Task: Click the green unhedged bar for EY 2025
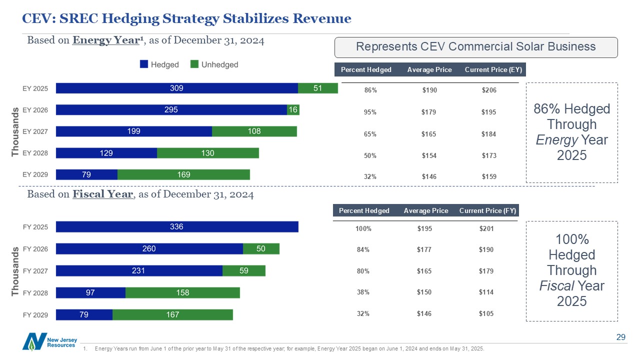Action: coord(317,88)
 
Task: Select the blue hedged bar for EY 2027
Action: coord(134,131)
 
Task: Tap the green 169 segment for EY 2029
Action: coord(183,174)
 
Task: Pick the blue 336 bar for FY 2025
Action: coord(177,227)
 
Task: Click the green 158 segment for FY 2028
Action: coord(182,292)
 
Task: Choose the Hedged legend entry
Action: coord(160,64)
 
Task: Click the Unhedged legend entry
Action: coord(214,64)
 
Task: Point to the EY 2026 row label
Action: coord(35,110)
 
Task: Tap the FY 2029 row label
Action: coord(35,314)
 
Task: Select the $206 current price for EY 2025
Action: coord(489,90)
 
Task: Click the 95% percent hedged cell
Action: coord(370,112)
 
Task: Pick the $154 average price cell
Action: coord(429,156)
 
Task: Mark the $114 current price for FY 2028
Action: coord(486,292)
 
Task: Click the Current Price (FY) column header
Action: coord(487,210)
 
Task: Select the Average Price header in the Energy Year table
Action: coord(429,69)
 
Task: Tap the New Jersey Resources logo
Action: coord(49,341)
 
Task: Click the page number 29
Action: coord(620,338)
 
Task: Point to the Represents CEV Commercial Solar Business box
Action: coord(475,47)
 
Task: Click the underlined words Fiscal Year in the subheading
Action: coord(103,194)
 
